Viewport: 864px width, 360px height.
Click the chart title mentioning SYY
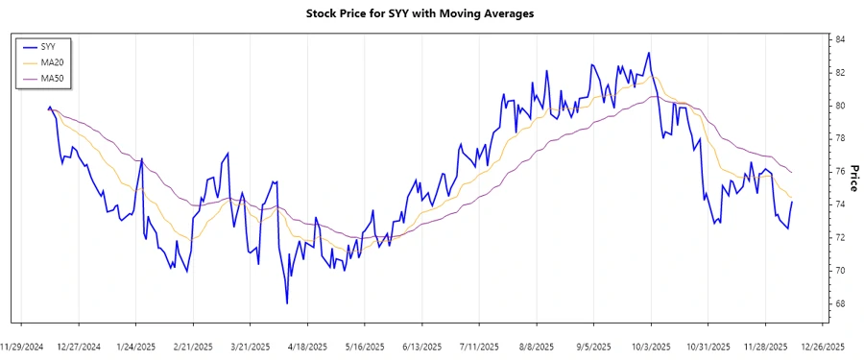click(x=432, y=13)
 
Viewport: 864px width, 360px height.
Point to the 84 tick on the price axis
click(x=839, y=39)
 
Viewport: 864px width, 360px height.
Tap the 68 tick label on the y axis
click(x=839, y=304)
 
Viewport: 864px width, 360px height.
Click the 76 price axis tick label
click(x=839, y=172)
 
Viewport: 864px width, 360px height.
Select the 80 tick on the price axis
click(x=839, y=106)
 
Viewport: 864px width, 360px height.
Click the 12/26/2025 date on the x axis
click(x=822, y=346)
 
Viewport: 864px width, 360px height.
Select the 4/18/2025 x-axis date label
click(x=308, y=346)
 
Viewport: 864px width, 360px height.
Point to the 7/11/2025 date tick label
click(x=479, y=346)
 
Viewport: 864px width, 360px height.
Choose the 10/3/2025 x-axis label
click(x=651, y=346)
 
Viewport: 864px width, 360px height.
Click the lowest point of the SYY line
click(x=287, y=303)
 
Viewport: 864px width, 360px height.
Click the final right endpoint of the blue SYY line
click(x=792, y=202)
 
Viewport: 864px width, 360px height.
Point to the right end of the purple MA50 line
click(x=792, y=172)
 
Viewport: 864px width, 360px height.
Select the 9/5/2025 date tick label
click(x=593, y=346)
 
